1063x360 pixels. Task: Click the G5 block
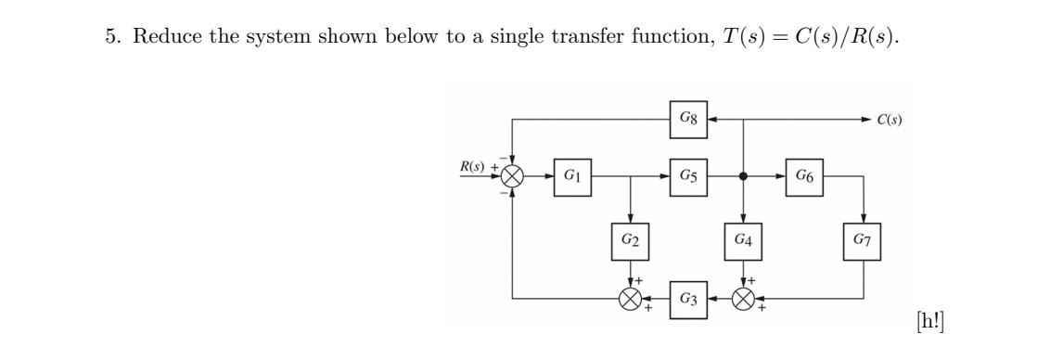(x=689, y=176)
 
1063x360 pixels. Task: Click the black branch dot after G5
(x=743, y=176)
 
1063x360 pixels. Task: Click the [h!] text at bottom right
(x=929, y=321)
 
